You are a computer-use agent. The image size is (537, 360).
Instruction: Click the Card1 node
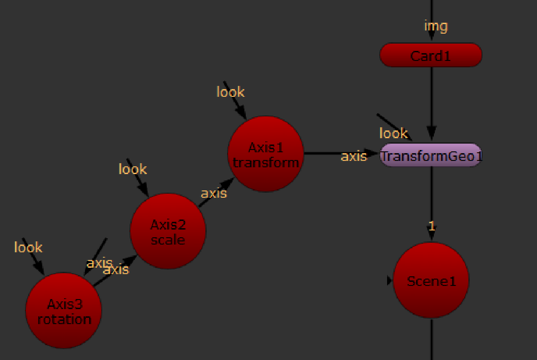coord(431,55)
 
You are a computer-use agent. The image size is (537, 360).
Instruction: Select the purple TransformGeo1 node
coord(431,155)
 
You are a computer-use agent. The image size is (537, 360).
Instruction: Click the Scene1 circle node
coord(431,281)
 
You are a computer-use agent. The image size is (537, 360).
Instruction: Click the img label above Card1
coord(436,26)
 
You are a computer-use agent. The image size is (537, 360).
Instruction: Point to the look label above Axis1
coord(230,92)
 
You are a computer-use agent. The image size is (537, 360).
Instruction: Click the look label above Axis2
coord(133,170)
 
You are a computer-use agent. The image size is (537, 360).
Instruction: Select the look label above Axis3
coord(28,248)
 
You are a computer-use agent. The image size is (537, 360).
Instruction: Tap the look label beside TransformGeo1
coord(393,133)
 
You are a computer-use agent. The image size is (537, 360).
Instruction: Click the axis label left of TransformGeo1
coord(354,156)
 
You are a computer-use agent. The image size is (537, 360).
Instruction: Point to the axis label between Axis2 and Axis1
coord(214,193)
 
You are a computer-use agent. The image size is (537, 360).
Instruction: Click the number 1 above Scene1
coord(432,226)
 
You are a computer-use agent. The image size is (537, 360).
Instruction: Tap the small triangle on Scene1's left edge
coord(389,281)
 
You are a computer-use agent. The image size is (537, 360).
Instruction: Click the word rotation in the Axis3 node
coord(64,319)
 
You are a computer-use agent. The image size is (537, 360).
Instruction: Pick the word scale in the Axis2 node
coord(168,240)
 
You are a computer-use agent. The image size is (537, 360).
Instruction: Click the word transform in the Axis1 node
coord(265,162)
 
